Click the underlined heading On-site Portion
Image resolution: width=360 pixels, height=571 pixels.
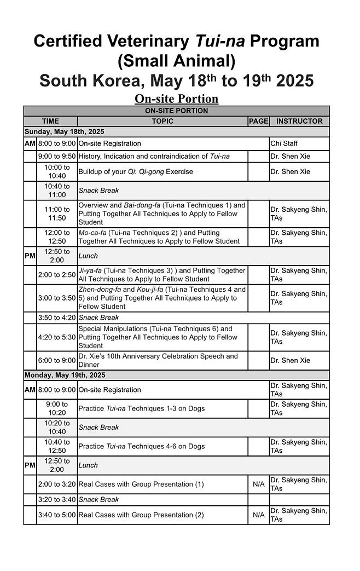pyautogui.click(x=176, y=99)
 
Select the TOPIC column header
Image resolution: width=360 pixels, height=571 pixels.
pyautogui.click(x=162, y=121)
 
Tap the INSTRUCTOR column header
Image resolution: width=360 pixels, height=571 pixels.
pyautogui.click(x=299, y=121)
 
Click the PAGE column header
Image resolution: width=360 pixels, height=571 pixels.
pyautogui.click(x=258, y=121)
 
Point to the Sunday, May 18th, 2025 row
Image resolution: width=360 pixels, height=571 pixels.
pyautogui.click(x=65, y=132)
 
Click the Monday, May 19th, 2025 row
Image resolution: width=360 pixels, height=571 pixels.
pyautogui.click(x=65, y=375)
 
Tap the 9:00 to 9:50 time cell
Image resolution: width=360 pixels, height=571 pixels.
pyautogui.click(x=57, y=157)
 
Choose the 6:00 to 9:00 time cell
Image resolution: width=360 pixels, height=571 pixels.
pyautogui.click(x=57, y=360)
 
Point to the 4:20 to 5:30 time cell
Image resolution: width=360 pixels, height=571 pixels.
pyautogui.click(x=57, y=337)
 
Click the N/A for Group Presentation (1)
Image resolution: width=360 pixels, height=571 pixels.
pyautogui.click(x=258, y=484)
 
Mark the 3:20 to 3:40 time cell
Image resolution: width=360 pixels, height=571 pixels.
pyautogui.click(x=57, y=499)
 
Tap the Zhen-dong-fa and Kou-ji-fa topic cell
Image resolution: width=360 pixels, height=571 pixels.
pyautogui.click(x=162, y=298)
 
